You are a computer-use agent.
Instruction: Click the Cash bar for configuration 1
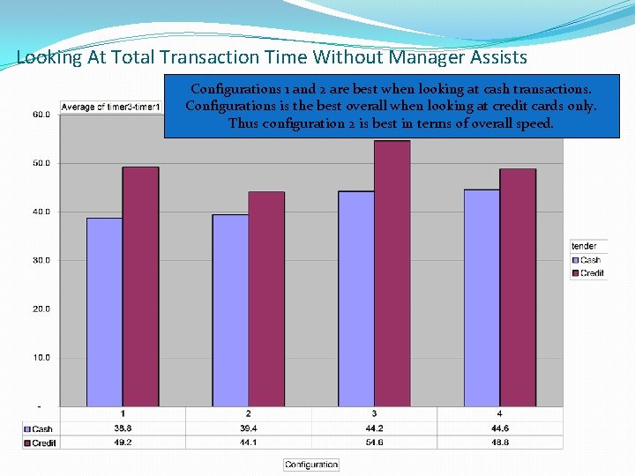(104, 312)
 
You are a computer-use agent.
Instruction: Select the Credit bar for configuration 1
(140, 286)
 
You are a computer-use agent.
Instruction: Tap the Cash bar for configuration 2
(230, 310)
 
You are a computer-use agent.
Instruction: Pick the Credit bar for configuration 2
(266, 299)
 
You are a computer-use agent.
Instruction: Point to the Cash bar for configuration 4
(482, 298)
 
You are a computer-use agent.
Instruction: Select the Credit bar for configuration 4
(518, 287)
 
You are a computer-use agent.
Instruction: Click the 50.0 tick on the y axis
(41, 163)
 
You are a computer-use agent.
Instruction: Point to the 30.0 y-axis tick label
(41, 260)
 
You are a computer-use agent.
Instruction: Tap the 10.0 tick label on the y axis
(41, 357)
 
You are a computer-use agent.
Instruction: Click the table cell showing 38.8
(123, 428)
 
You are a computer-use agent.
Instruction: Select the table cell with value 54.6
(374, 442)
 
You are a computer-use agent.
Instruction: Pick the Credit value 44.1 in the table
(248, 442)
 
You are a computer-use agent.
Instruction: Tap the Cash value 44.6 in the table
(500, 428)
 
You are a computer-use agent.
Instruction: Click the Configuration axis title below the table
(311, 465)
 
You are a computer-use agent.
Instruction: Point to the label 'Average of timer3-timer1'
(111, 108)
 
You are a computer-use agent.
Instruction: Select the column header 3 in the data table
(374, 413)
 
